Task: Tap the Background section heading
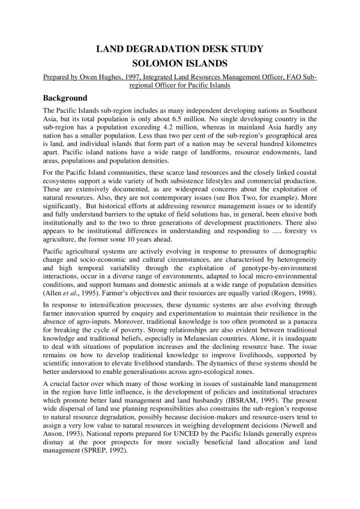coord(65,98)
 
